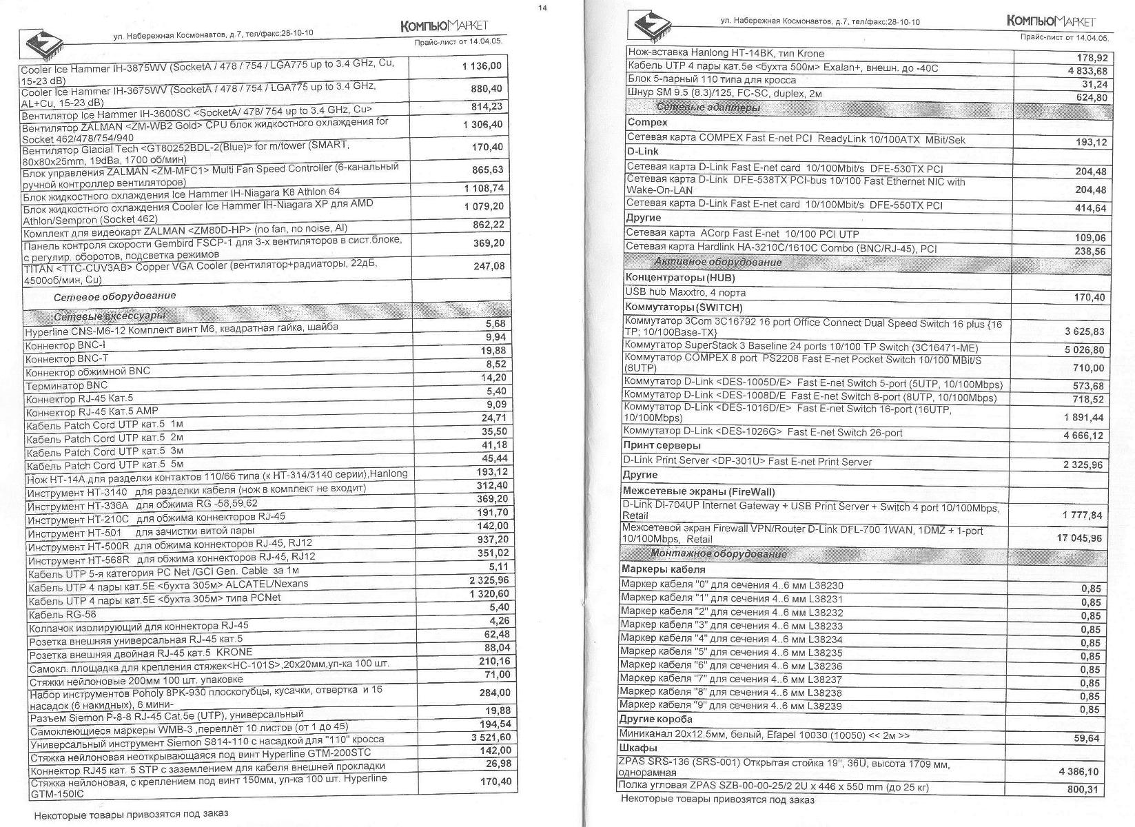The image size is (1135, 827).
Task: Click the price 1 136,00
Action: (482, 67)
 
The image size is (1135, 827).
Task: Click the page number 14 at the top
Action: (543, 8)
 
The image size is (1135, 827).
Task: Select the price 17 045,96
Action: (1079, 538)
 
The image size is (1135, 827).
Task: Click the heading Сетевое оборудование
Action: (115, 296)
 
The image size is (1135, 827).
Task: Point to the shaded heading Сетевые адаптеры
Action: (708, 108)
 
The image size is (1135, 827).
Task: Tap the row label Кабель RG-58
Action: (61, 614)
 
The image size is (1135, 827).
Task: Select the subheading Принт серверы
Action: (661, 446)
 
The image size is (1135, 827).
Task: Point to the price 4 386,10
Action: (1078, 771)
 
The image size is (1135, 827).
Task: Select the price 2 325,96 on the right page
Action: (1083, 464)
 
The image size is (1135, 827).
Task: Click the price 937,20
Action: (492, 539)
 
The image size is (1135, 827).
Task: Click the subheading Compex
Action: (647, 123)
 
